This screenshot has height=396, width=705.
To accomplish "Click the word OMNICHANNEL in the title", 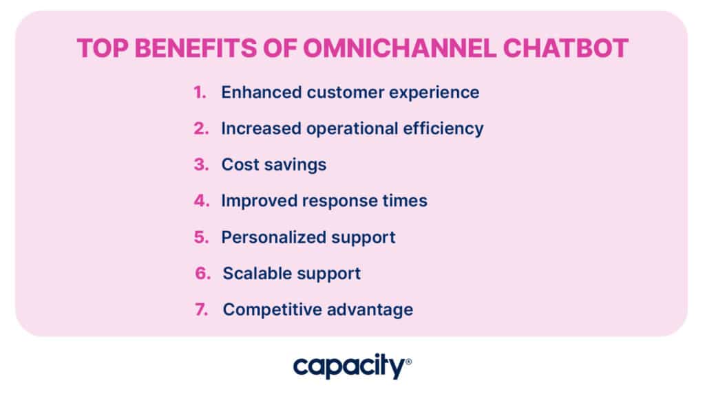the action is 399,48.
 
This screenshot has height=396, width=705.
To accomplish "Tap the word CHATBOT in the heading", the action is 566,48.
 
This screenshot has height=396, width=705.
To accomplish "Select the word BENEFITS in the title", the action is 196,48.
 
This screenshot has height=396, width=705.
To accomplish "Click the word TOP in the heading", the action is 102,48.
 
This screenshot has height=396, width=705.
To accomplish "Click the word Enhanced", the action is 261,93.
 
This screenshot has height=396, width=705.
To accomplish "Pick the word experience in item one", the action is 434,93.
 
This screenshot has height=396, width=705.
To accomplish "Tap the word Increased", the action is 261,129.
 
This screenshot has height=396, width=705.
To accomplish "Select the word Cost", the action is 240,165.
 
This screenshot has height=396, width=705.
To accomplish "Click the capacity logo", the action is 352,366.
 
